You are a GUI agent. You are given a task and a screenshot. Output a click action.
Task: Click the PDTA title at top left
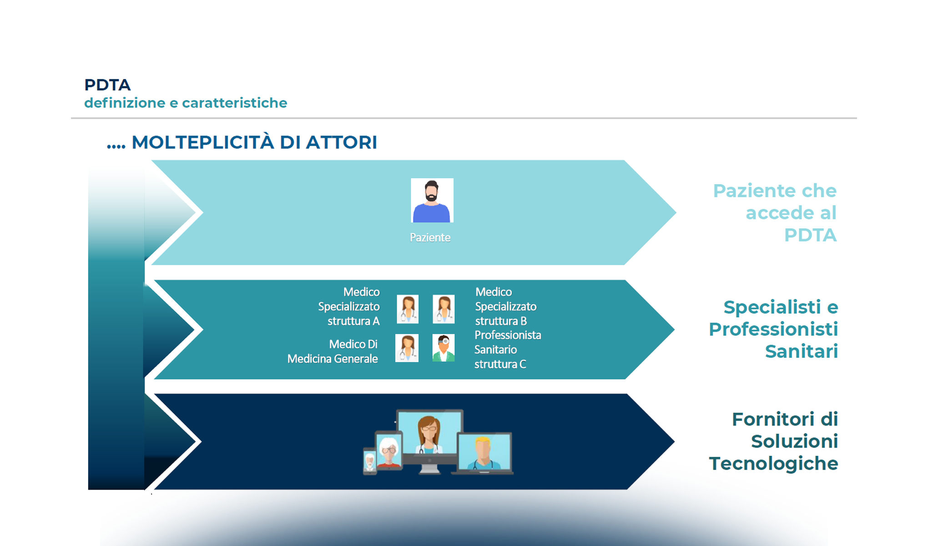pyautogui.click(x=107, y=85)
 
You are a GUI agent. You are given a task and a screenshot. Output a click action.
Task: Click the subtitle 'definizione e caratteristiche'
pyautogui.click(x=186, y=103)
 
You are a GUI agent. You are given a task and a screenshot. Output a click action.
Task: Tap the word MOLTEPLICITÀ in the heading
pyautogui.click(x=203, y=142)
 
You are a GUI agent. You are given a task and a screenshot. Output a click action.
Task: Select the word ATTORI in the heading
pyautogui.click(x=341, y=142)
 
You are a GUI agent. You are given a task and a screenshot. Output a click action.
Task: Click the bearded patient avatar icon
pyautogui.click(x=432, y=200)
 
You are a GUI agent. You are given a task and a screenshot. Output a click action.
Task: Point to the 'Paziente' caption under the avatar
pyautogui.click(x=430, y=238)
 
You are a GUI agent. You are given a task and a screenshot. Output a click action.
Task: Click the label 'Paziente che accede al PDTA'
pyautogui.click(x=775, y=212)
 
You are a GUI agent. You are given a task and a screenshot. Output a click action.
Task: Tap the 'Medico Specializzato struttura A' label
pyautogui.click(x=349, y=306)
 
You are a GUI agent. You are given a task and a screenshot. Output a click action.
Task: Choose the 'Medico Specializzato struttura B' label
pyautogui.click(x=505, y=306)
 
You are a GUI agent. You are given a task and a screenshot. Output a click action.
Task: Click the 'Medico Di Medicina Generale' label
pyautogui.click(x=333, y=351)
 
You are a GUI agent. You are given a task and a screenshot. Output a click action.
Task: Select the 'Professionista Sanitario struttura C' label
pyautogui.click(x=507, y=349)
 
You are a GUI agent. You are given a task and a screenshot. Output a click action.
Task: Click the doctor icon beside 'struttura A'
pyautogui.click(x=408, y=309)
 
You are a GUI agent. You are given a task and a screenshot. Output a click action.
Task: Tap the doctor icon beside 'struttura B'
pyautogui.click(x=444, y=309)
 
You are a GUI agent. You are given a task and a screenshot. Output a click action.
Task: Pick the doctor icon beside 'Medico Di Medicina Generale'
pyautogui.click(x=407, y=348)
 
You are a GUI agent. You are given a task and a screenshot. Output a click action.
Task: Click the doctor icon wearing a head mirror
pyautogui.click(x=444, y=348)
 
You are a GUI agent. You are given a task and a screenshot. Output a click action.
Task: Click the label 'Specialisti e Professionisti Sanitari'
pyautogui.click(x=773, y=329)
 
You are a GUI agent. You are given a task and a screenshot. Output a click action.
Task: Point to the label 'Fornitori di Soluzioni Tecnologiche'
pyautogui.click(x=773, y=441)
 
